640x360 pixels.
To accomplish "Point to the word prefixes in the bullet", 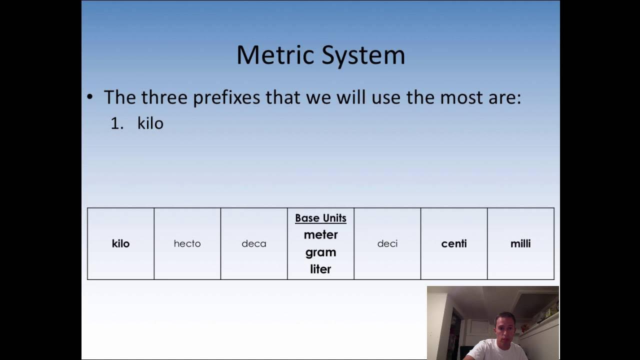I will click(226, 97).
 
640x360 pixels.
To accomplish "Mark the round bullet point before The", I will click(90, 97).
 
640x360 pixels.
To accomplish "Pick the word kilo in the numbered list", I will click(150, 123).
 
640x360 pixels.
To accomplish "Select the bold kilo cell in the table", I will click(120, 243).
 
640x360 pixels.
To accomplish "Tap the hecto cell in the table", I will click(187, 243).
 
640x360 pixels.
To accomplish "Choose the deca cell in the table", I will click(254, 243).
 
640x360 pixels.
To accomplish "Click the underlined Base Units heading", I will click(320, 218).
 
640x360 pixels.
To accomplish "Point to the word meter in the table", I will click(320, 234).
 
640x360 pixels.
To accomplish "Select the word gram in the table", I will click(320, 252).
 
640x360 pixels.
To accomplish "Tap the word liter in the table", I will click(320, 269).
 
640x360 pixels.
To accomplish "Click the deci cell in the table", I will click(387, 243).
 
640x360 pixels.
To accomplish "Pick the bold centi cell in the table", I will click(454, 243).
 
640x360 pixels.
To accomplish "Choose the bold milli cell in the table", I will click(520, 243).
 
